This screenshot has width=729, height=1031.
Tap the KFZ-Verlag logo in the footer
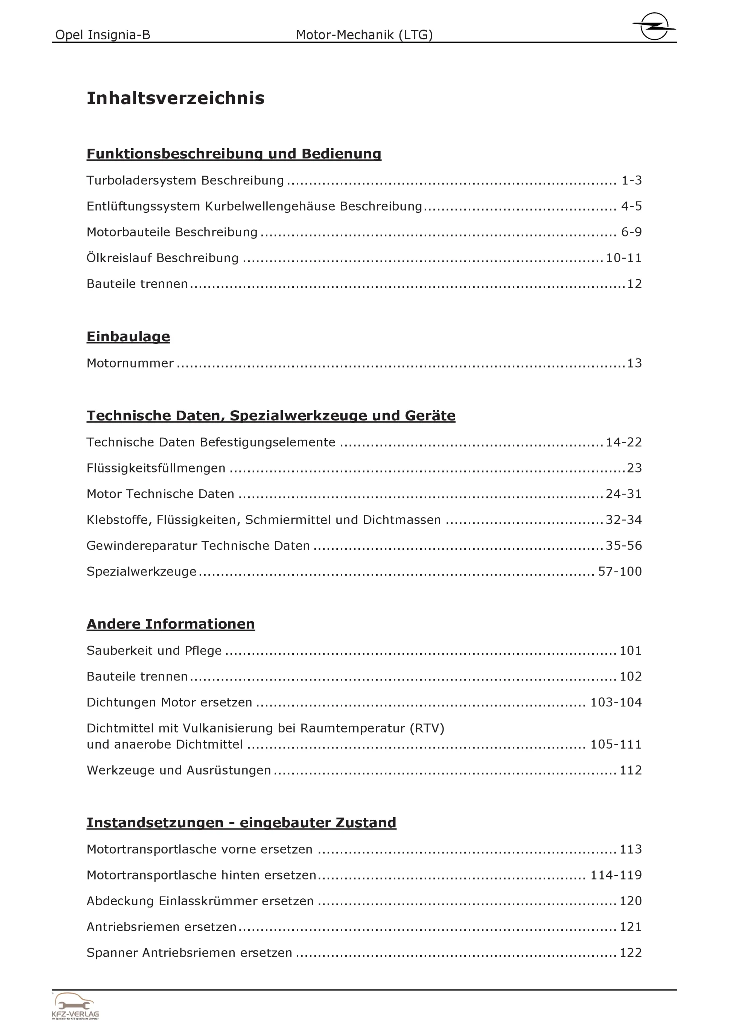click(75, 1006)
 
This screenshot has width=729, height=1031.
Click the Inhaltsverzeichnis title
click(175, 98)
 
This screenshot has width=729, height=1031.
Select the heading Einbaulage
click(128, 336)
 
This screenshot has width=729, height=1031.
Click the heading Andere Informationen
click(171, 624)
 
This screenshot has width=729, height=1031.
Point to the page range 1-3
click(632, 180)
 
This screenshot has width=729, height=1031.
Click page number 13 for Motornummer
click(634, 363)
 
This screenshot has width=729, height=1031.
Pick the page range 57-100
click(620, 572)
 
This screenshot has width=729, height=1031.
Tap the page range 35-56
click(624, 546)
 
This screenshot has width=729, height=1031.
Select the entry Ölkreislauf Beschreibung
click(163, 258)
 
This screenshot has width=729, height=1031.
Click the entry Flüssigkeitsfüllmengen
click(156, 469)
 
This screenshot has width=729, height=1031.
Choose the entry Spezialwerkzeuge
click(141, 572)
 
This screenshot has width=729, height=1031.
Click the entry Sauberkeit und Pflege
click(154, 651)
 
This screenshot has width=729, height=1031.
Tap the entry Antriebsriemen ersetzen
click(161, 927)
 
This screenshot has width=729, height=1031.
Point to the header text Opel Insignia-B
click(102, 35)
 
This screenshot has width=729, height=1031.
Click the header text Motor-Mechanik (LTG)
click(364, 35)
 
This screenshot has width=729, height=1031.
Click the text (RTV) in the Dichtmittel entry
click(427, 728)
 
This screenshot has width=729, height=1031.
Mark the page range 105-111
click(616, 745)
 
